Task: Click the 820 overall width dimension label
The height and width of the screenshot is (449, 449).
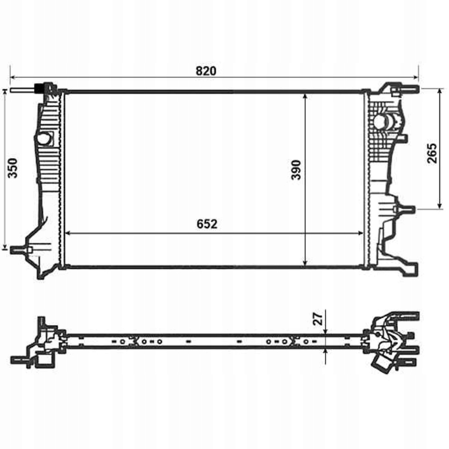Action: (x=206, y=71)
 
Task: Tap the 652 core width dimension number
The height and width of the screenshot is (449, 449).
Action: (x=207, y=224)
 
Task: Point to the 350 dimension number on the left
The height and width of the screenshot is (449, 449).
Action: (x=13, y=167)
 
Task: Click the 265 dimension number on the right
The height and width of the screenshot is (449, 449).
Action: (x=432, y=153)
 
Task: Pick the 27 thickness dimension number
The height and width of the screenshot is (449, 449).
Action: (x=320, y=318)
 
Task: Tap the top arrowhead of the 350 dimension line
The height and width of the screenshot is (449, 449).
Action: (x=5, y=92)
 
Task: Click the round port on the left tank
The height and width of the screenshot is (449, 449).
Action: (x=44, y=139)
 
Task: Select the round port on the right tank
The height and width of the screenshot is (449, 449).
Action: (x=380, y=122)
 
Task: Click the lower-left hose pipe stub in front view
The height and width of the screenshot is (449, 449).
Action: (x=20, y=249)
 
